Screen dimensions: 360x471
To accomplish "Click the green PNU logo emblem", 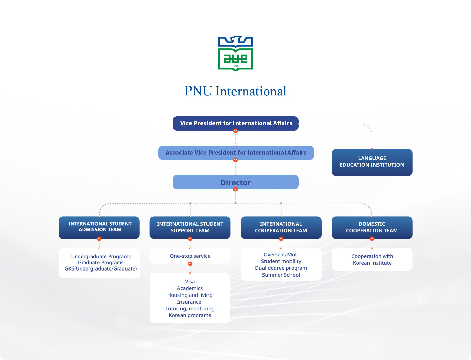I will (235, 53).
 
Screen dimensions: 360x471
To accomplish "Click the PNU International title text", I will (235, 91).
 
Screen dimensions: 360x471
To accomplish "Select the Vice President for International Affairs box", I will (235, 123).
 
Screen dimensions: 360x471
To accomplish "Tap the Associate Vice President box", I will (236, 153).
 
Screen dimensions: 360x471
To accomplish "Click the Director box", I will (235, 182).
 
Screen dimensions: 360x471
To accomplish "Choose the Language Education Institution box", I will (372, 162).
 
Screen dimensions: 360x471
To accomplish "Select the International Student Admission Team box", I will (99, 227).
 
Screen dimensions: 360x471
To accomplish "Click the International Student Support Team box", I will (190, 227).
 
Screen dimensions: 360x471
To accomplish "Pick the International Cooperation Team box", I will (281, 227).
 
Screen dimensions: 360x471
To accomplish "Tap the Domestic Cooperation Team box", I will (372, 227).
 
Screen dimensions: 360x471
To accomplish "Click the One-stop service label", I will (190, 256).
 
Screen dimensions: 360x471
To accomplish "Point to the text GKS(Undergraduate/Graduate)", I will (101, 269).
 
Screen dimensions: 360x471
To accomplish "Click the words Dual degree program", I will (281, 268).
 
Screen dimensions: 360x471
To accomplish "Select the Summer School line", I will (281, 275).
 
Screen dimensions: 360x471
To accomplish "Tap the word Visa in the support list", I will (190, 282).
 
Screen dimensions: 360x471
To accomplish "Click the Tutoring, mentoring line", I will (190, 309).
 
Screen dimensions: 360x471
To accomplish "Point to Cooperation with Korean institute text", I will (372, 260).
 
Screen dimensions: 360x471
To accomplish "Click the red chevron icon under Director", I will (235, 189).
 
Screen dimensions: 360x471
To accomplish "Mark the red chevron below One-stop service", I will (190, 264).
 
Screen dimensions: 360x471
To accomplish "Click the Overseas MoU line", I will (281, 255).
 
